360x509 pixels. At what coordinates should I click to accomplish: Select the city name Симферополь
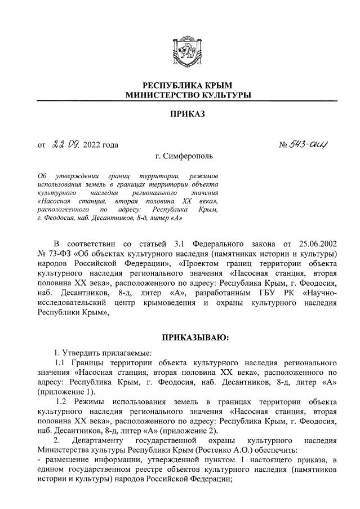click(x=189, y=156)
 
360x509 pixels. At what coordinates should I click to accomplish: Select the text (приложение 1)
click(x=63, y=392)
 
